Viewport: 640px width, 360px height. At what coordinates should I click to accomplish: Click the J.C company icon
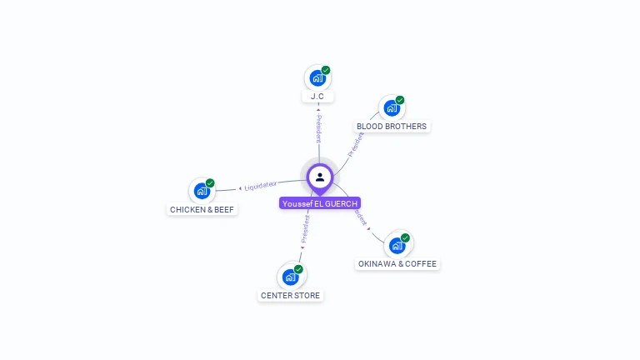(317, 78)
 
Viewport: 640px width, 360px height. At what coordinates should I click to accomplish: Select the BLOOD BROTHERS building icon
(391, 108)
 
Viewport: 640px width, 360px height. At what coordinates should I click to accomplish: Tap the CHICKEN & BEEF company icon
(202, 191)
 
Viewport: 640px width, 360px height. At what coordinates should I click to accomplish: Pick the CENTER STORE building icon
(290, 277)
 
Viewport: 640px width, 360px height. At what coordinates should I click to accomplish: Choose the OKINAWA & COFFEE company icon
(397, 246)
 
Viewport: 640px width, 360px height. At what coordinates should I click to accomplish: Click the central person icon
(320, 177)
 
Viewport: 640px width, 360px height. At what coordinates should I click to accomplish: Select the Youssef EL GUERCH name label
(320, 203)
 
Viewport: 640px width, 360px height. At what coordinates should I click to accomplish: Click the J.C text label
(317, 97)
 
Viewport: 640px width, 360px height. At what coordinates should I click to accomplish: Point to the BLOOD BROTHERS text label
(392, 127)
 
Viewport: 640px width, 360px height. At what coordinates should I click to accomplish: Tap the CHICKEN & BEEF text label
(202, 209)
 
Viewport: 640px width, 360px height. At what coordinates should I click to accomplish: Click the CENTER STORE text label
(290, 295)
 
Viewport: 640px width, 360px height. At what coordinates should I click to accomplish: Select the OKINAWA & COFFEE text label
(397, 264)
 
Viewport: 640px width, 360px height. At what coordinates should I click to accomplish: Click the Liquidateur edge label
(261, 184)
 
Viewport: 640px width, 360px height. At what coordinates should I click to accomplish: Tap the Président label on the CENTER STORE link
(305, 232)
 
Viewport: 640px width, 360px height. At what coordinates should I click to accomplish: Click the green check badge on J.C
(326, 70)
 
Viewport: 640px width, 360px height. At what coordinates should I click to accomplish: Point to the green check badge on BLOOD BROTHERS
(400, 100)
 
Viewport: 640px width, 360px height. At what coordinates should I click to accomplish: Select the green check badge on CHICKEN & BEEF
(210, 182)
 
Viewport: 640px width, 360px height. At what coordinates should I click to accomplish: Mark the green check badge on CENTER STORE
(298, 268)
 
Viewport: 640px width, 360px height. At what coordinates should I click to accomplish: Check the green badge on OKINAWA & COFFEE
(405, 237)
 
